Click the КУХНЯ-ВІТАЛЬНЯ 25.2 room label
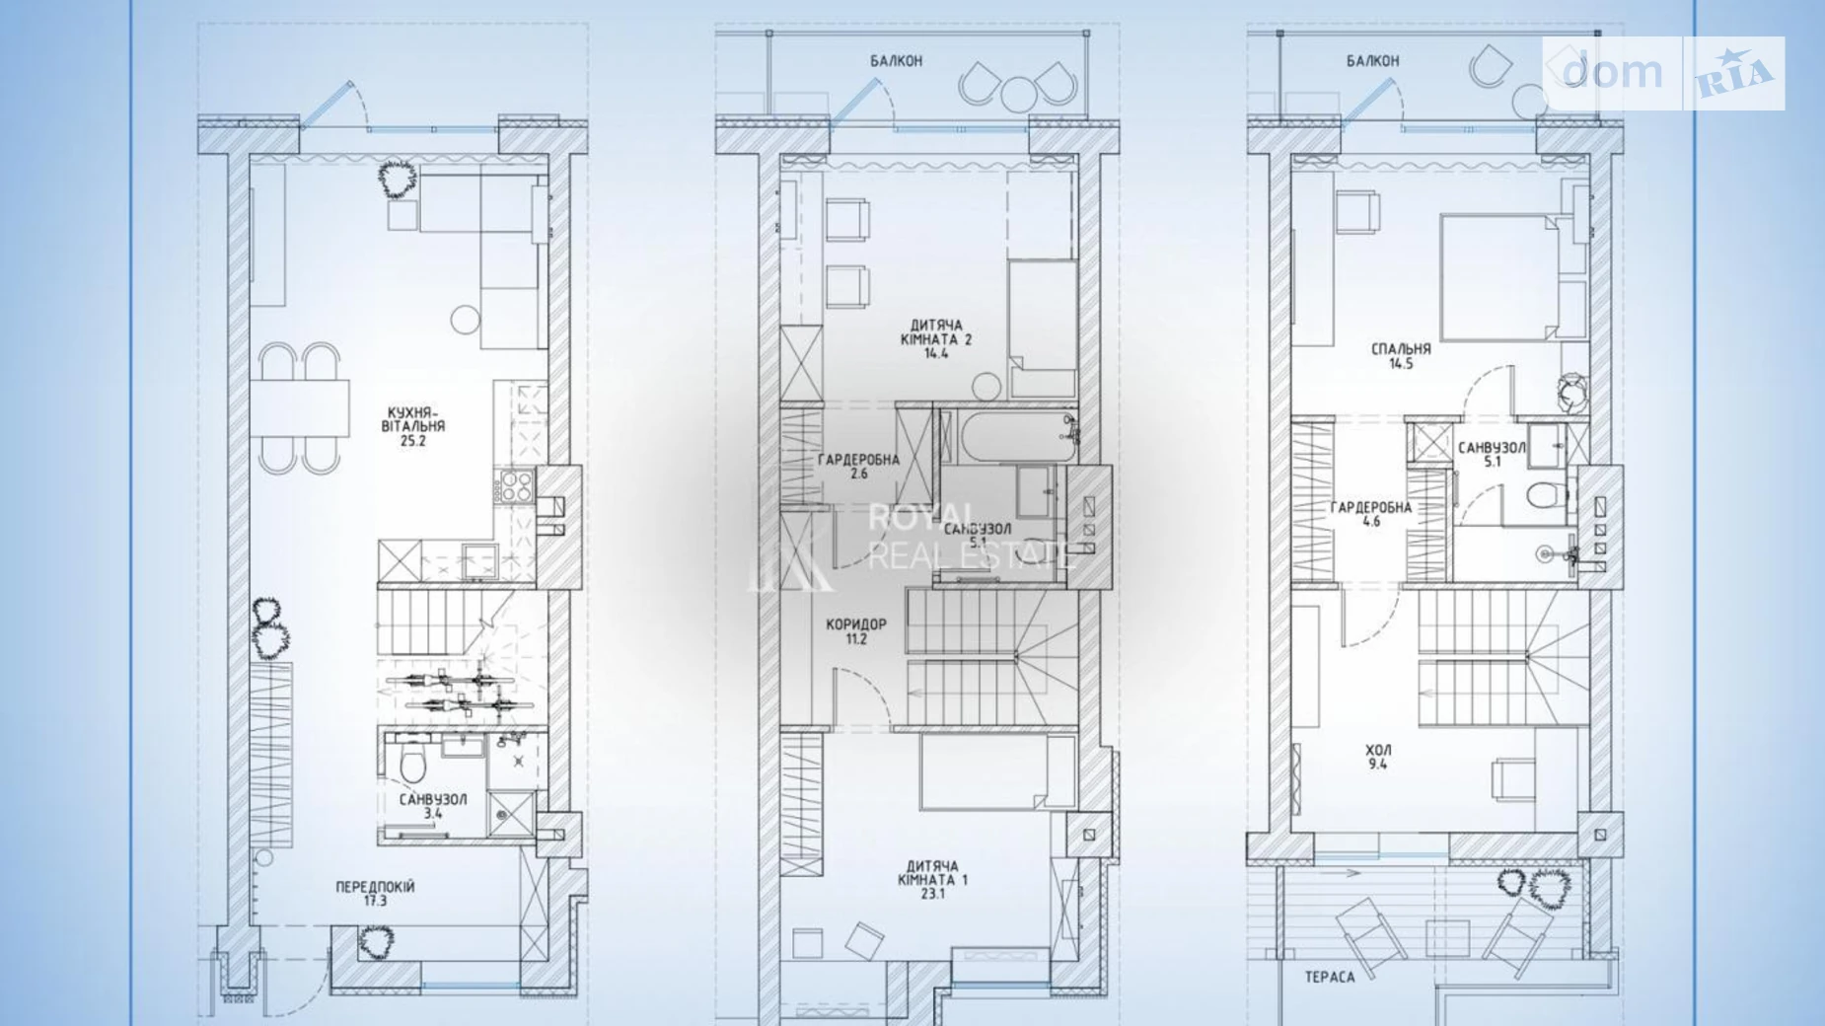413,426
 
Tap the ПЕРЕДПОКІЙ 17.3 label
375,894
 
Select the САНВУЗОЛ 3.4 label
433,806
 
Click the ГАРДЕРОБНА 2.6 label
858,466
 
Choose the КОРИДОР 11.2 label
855,631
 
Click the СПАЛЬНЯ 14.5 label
1401,355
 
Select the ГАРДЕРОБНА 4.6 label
1370,514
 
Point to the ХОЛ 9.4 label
1378,757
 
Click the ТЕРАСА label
1330,978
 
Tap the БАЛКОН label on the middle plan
896,61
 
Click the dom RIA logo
1663,73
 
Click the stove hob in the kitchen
517,486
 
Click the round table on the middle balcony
1017,94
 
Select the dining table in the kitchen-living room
300,407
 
